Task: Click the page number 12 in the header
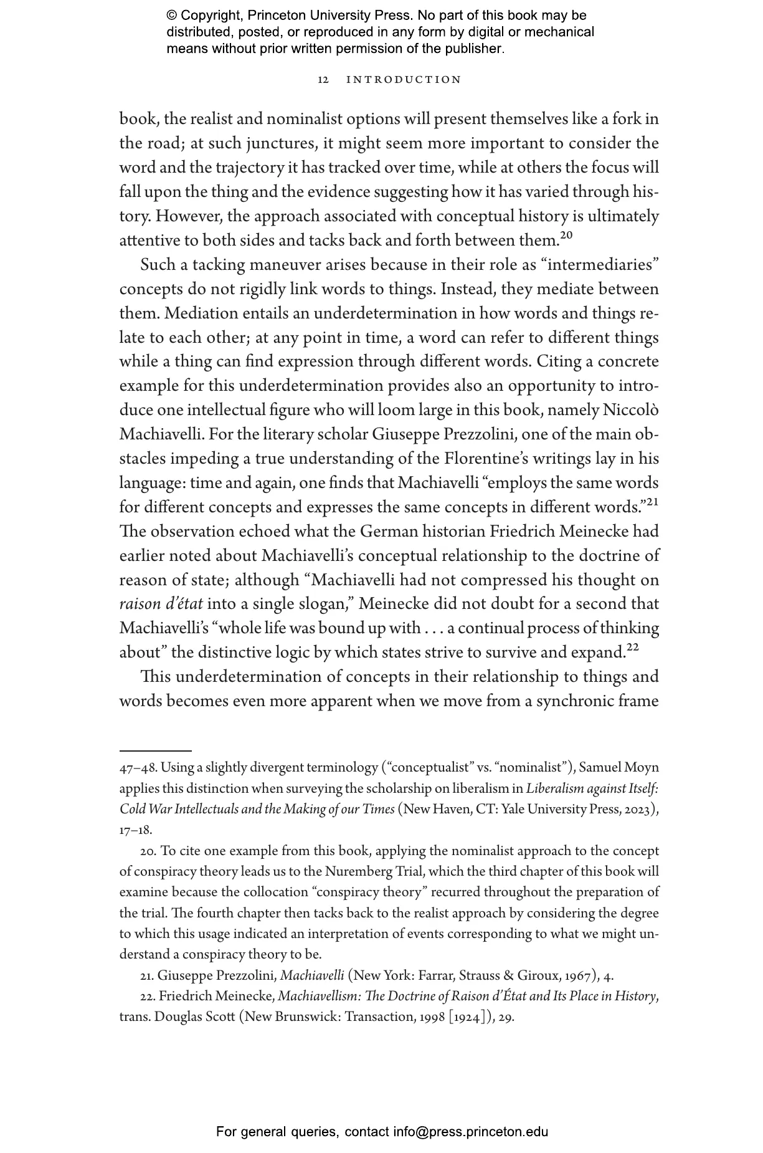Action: click(x=323, y=80)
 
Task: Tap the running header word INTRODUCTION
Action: click(x=404, y=80)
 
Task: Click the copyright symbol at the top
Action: click(x=172, y=16)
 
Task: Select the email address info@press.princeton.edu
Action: click(x=470, y=1132)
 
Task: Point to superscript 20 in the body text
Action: click(x=566, y=235)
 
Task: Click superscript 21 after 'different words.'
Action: click(x=652, y=502)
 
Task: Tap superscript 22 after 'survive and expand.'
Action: click(x=632, y=648)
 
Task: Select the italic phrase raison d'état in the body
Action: click(x=161, y=605)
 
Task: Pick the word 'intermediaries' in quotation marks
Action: click(x=601, y=265)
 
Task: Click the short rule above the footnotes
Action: click(x=155, y=752)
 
